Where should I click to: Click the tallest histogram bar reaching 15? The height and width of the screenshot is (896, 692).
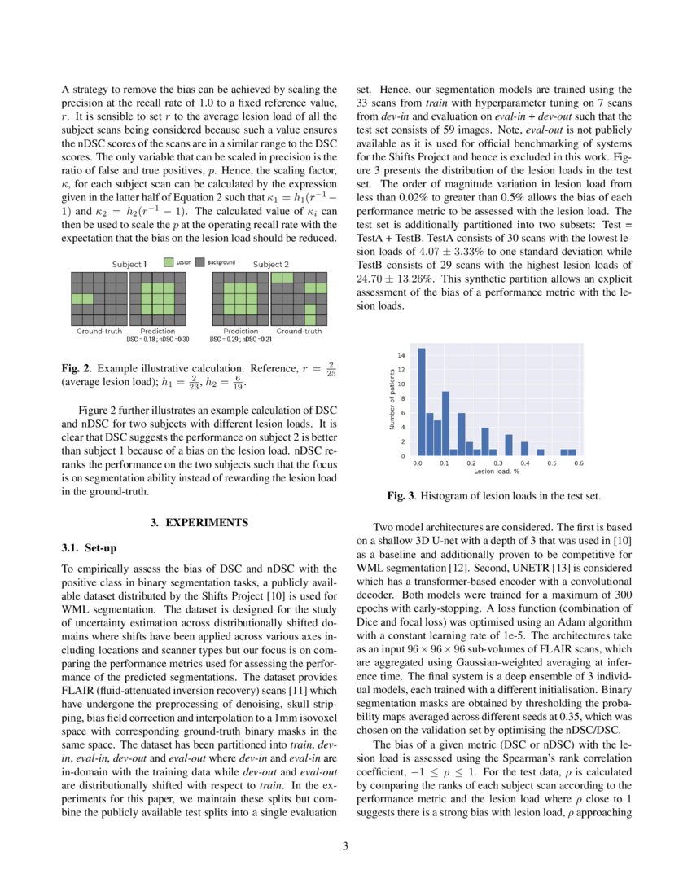pos(422,402)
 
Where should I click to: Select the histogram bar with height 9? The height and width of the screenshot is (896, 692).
pos(445,424)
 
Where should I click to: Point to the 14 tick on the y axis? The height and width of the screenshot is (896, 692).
pos(401,356)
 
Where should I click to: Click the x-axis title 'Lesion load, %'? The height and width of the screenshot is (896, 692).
pos(497,472)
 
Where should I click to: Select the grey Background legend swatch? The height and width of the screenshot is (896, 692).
pos(199,263)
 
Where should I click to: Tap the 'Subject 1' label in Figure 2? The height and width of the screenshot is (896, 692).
pos(129,264)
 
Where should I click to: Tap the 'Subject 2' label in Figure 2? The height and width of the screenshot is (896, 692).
pos(272,264)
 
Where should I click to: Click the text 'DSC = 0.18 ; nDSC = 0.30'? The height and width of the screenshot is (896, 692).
pos(158,339)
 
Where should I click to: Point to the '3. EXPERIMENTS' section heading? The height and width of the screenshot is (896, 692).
pos(199,522)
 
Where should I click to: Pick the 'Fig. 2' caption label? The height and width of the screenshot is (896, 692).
pos(76,369)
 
